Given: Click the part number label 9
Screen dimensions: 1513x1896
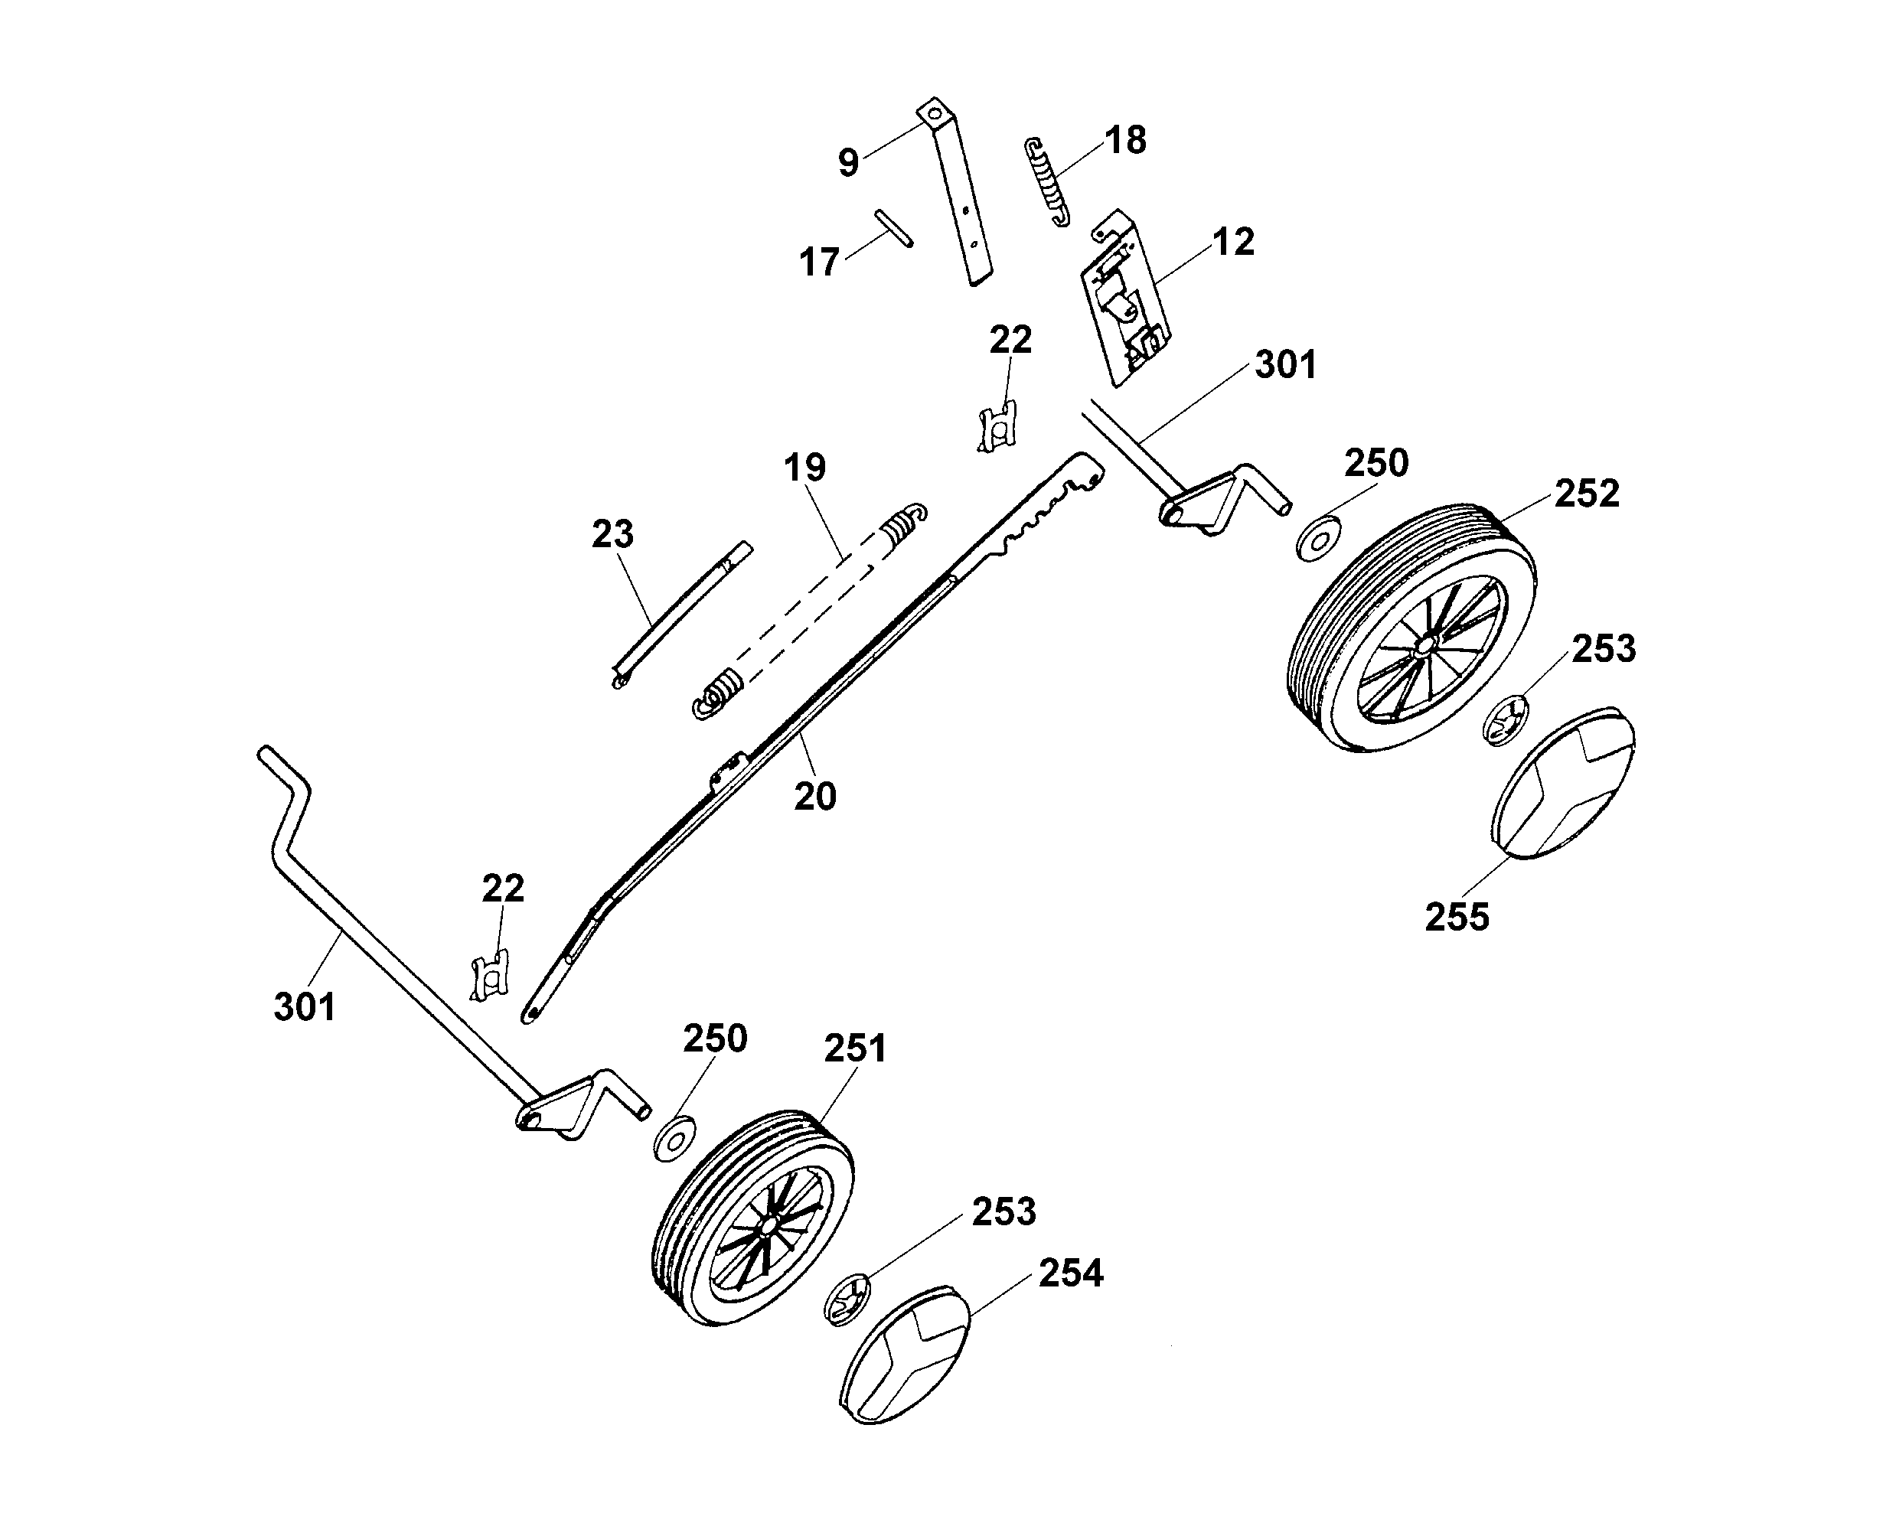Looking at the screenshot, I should point(848,163).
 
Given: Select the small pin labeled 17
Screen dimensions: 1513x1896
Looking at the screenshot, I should point(893,228).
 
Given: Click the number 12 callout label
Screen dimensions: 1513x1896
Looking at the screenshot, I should point(1233,242).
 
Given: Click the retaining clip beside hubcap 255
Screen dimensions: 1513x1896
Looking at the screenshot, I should point(1506,719).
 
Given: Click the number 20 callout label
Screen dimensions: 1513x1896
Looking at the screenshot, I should point(814,797).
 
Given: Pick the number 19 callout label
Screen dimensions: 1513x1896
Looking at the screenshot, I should point(804,468).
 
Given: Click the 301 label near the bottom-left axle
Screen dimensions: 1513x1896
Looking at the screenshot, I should point(305,1006).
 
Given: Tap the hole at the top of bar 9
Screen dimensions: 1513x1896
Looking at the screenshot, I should point(934,114).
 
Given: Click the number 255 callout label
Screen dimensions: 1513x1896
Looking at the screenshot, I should point(1457,917).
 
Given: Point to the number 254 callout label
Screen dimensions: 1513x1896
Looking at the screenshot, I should point(1070,1273).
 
